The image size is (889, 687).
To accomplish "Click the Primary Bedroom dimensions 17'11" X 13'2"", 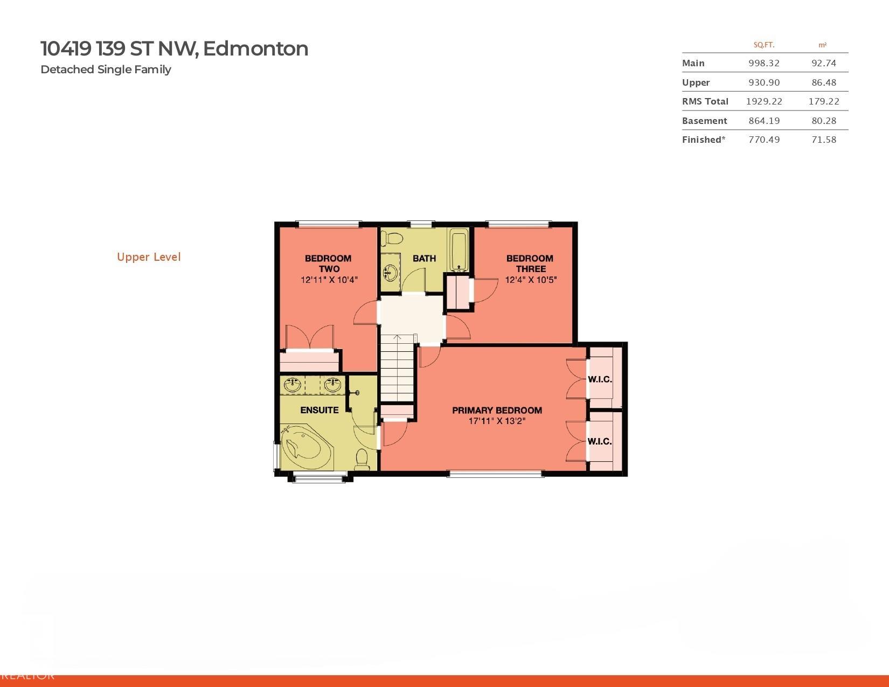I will [x=497, y=421].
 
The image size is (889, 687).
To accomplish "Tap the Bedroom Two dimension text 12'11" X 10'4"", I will [x=329, y=280].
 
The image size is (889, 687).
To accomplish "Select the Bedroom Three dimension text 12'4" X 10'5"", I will [x=530, y=280].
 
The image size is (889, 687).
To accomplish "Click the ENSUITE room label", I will [x=320, y=410].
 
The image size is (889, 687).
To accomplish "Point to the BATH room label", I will [x=424, y=258].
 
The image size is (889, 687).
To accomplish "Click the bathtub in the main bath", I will [x=460, y=249].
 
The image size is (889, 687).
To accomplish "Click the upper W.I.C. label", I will [x=600, y=379].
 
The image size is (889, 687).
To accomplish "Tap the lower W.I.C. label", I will [x=600, y=441].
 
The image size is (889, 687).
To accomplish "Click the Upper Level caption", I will [x=149, y=257].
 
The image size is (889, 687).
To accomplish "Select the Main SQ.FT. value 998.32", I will [x=763, y=63].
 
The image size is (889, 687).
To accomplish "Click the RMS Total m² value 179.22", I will [x=823, y=101].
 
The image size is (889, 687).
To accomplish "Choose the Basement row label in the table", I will [x=704, y=121].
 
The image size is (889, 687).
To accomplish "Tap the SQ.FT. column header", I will [x=763, y=45].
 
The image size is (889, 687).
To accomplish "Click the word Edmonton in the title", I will [x=256, y=48].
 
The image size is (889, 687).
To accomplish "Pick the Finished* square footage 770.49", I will [x=763, y=140].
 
